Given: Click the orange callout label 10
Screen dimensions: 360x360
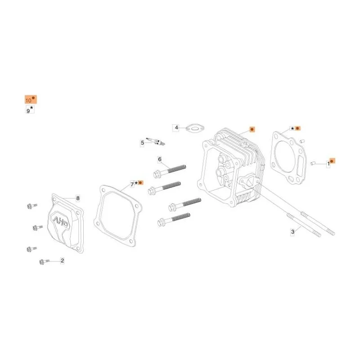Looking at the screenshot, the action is click(x=31, y=99).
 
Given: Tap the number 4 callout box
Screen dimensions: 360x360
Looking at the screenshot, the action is click(x=176, y=128).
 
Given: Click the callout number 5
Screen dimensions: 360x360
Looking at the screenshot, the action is click(x=142, y=143).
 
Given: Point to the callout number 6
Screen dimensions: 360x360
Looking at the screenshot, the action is click(x=160, y=159).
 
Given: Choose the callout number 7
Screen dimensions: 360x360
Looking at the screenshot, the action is click(x=132, y=184).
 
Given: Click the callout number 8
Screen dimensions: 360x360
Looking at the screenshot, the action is click(x=78, y=198).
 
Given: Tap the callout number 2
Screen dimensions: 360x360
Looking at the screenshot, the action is click(x=62, y=261).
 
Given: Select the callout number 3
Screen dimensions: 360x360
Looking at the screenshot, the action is click(x=292, y=232).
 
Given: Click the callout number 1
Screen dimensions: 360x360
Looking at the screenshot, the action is click(x=328, y=164).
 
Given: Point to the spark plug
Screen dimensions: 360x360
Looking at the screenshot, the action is click(x=156, y=141).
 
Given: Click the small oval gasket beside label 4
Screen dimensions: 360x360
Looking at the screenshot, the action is click(x=195, y=128).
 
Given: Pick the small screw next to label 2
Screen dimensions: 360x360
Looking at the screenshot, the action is click(x=44, y=261).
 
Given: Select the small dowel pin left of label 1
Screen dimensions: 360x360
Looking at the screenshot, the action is click(x=312, y=163).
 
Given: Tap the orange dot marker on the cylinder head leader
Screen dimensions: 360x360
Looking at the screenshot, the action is click(x=252, y=130).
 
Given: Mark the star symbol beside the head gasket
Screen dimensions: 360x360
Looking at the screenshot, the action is click(x=292, y=129).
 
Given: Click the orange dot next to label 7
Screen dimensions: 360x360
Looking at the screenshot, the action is click(x=140, y=183).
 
